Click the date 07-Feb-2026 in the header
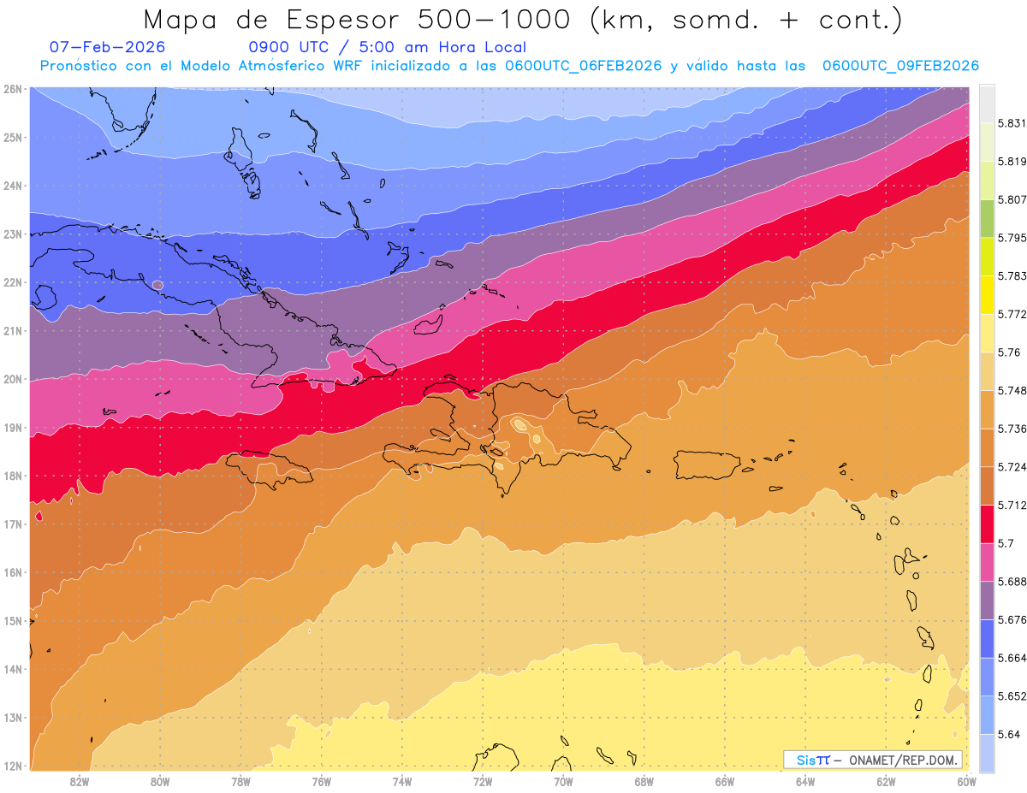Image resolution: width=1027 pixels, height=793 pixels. [x=107, y=47]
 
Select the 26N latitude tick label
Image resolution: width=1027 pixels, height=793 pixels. [x=12, y=89]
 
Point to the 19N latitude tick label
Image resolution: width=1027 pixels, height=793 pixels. [x=12, y=428]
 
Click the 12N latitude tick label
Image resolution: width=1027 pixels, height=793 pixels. [x=12, y=766]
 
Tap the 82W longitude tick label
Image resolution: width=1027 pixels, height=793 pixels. [x=80, y=781]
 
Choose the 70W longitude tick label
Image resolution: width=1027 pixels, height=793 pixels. [x=563, y=781]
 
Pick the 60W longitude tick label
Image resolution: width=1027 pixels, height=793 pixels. [x=966, y=781]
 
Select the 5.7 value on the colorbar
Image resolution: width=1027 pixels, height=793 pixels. [x=1002, y=543]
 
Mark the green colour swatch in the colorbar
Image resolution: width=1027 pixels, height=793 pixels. [x=987, y=218]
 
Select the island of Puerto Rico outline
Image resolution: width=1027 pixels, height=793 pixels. [x=709, y=465]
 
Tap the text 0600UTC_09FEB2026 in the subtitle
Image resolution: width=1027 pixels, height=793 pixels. [x=900, y=66]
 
